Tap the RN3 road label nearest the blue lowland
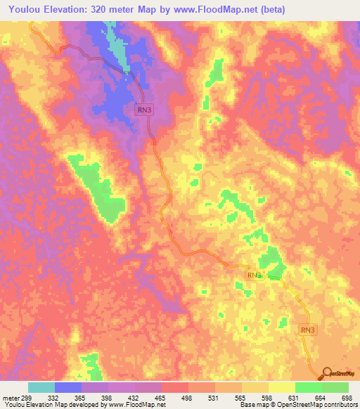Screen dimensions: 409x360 tap(143, 110)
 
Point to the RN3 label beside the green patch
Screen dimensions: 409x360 tap(255, 275)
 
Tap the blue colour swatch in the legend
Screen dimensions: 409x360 tap(68, 387)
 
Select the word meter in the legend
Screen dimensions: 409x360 tap(10, 398)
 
